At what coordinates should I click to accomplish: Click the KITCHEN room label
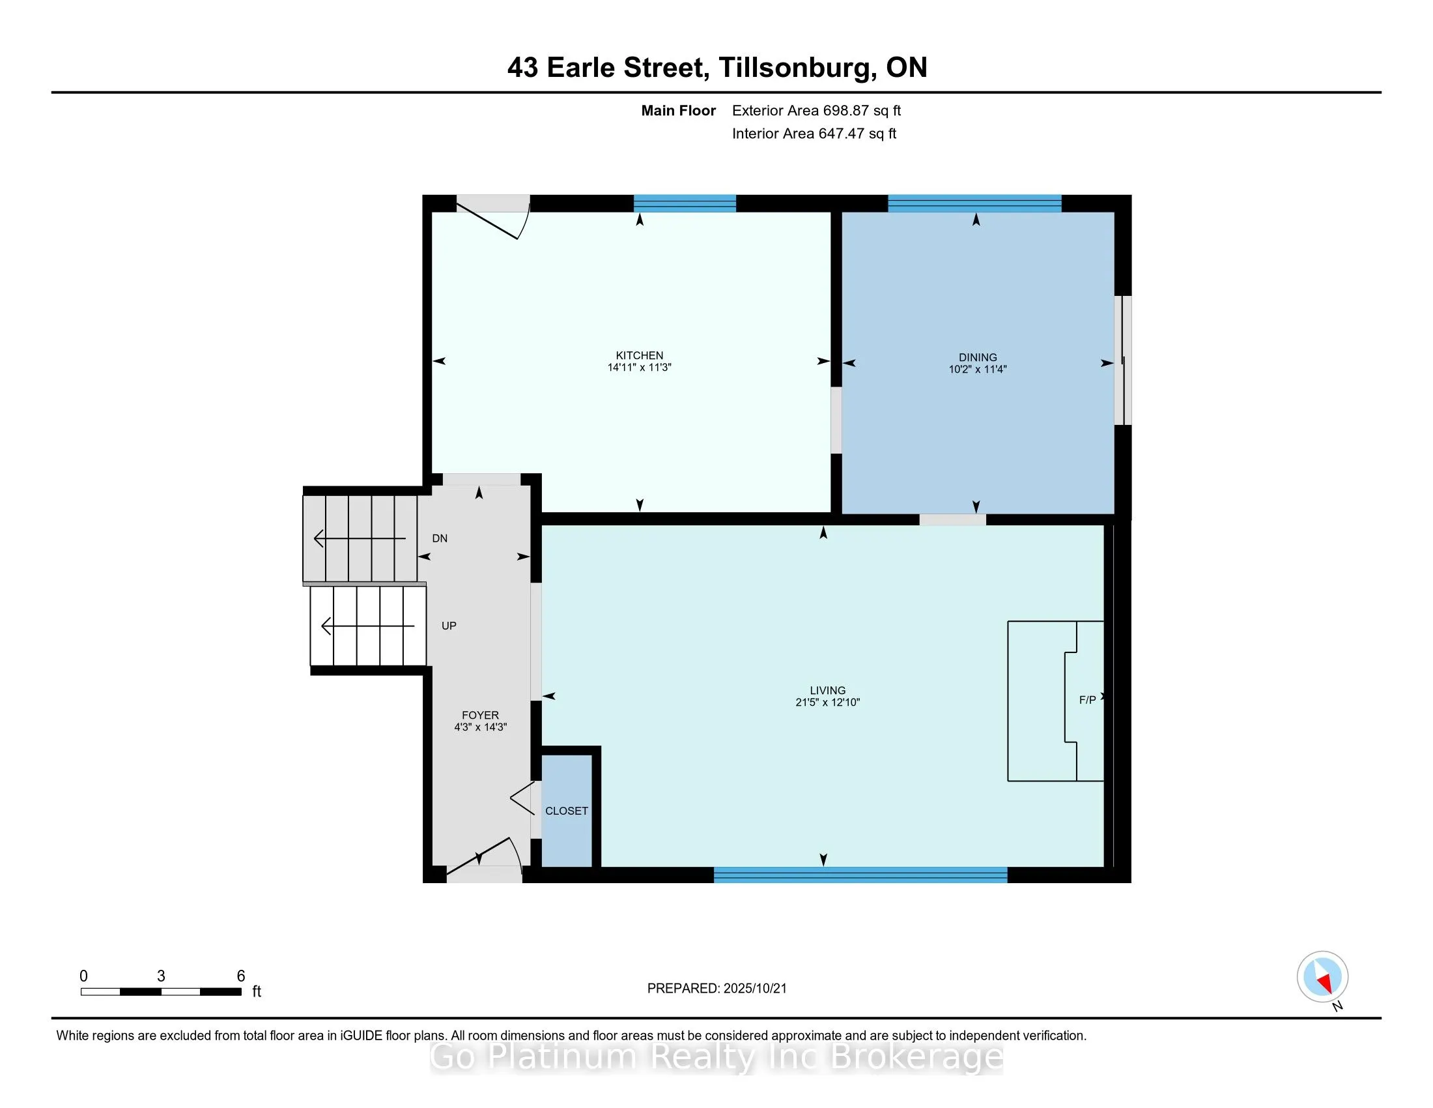pyautogui.click(x=639, y=355)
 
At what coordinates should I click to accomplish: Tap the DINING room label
pyautogui.click(x=977, y=357)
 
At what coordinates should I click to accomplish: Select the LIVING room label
pyautogui.click(x=827, y=690)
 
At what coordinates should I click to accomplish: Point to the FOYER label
pyautogui.click(x=480, y=715)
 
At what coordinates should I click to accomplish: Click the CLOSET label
pyautogui.click(x=566, y=811)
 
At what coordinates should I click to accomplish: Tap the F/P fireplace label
pyautogui.click(x=1087, y=700)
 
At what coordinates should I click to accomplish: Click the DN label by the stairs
pyautogui.click(x=440, y=538)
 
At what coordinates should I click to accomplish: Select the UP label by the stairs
pyautogui.click(x=449, y=626)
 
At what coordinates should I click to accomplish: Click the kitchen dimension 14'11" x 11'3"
pyautogui.click(x=639, y=367)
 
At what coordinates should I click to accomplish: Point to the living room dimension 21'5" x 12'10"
pyautogui.click(x=827, y=702)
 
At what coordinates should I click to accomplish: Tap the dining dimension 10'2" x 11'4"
pyautogui.click(x=977, y=369)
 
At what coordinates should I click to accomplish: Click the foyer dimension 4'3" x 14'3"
pyautogui.click(x=480, y=727)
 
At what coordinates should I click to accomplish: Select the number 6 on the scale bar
pyautogui.click(x=241, y=976)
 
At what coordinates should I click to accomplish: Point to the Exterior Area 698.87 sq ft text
pyautogui.click(x=816, y=110)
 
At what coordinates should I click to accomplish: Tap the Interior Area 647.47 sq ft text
pyautogui.click(x=814, y=133)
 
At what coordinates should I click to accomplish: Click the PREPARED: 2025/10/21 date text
pyautogui.click(x=716, y=988)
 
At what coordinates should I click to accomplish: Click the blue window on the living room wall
pyautogui.click(x=860, y=874)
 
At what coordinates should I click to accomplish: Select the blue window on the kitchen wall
pyautogui.click(x=685, y=203)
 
